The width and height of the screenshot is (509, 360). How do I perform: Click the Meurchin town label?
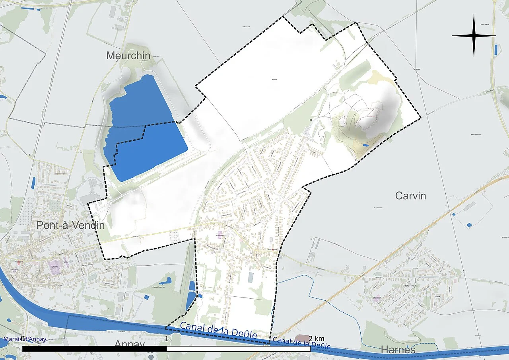point(128,56)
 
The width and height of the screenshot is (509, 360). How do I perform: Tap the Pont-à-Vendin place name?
point(70,225)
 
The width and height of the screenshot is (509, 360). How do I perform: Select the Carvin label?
point(410,196)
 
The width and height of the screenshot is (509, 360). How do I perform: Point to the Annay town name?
point(130,344)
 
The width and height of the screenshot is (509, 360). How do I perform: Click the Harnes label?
point(398,350)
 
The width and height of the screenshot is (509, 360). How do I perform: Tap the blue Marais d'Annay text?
point(25,339)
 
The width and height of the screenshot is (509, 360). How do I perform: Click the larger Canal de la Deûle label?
point(218,330)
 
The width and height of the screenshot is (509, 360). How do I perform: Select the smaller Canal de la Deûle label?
point(301,343)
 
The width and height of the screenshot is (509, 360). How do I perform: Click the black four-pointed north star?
point(474,35)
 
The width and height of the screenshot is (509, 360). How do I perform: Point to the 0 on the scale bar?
point(23,339)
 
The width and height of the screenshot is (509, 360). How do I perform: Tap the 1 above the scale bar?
point(166,339)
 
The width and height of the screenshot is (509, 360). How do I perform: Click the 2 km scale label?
point(316,339)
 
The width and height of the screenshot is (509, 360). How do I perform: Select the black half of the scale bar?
point(94,349)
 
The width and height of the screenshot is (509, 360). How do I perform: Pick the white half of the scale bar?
point(239,349)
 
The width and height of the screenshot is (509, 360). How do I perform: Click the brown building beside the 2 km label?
point(304,338)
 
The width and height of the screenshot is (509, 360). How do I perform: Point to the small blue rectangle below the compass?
point(495,50)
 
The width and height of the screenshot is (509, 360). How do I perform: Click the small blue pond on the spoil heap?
point(365,145)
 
